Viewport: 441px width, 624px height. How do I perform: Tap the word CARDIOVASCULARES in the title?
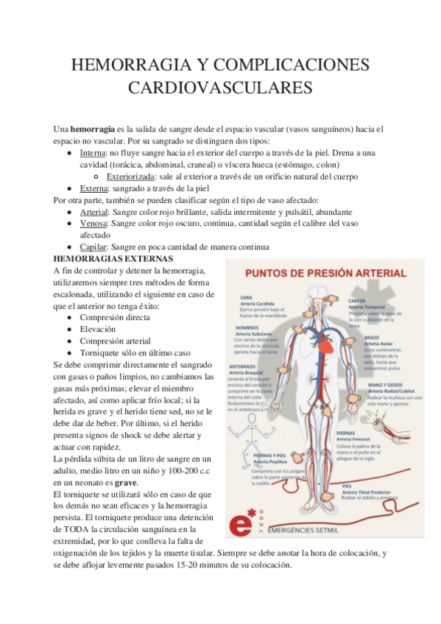220,88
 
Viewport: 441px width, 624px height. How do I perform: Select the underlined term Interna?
93,152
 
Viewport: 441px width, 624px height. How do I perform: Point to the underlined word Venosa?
94,223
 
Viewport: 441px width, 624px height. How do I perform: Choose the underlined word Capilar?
93,247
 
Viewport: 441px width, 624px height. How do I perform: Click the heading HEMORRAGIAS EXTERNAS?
113,259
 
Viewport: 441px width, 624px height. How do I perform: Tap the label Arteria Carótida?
258,304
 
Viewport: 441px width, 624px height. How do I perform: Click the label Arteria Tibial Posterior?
368,492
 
